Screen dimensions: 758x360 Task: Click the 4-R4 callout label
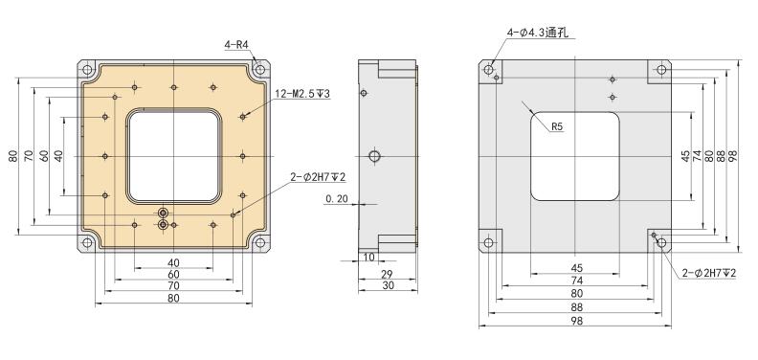236,45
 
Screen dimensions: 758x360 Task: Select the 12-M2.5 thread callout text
302,94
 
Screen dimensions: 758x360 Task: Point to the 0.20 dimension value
336,198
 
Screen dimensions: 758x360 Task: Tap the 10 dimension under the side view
368,258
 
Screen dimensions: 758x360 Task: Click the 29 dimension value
388,275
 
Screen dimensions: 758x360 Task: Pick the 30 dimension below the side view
388,286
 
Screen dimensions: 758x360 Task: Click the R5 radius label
557,126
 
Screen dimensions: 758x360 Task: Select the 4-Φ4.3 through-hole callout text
538,33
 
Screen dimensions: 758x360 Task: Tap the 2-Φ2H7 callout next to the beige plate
319,177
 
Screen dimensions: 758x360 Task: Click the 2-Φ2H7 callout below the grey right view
709,274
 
